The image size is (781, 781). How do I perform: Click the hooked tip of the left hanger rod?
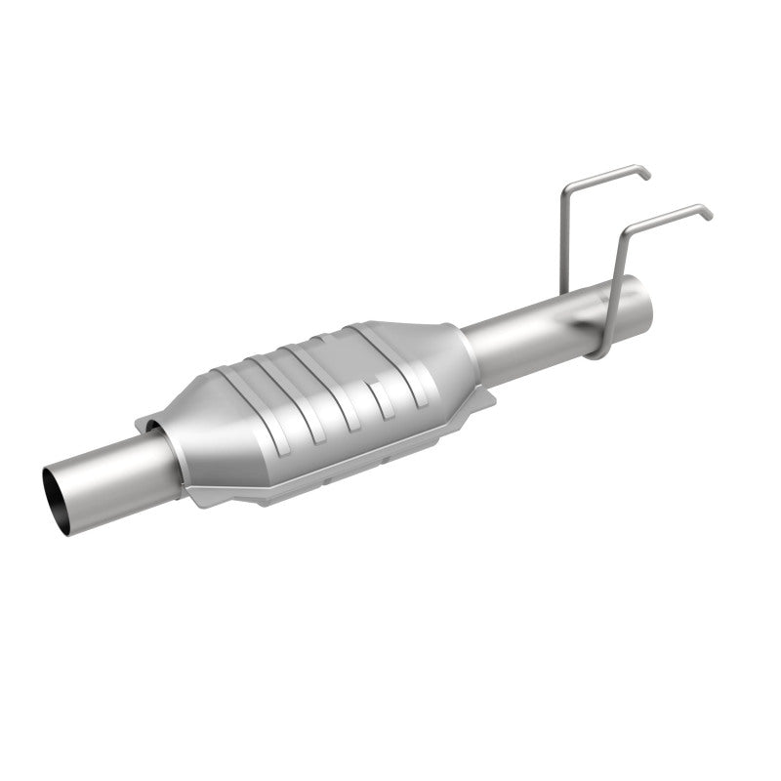coord(644,174)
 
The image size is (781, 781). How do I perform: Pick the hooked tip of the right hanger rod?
coord(707,211)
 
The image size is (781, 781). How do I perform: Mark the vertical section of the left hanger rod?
coord(564,234)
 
